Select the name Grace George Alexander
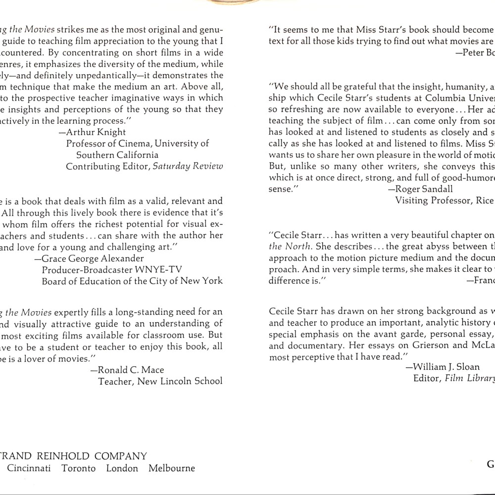93,258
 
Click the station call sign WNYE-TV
159,270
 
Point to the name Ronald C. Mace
131,370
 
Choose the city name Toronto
79,468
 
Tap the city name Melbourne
172,468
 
